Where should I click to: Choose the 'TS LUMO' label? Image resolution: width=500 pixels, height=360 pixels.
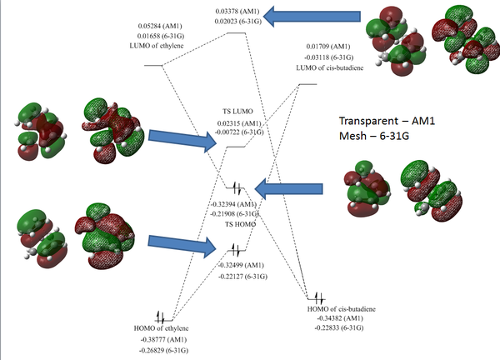[x=239, y=112]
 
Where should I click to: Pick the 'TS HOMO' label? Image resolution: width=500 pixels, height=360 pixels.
[x=240, y=223]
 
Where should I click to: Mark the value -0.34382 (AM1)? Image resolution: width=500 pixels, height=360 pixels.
[x=342, y=318]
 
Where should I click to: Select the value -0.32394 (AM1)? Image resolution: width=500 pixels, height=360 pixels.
[x=240, y=203]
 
